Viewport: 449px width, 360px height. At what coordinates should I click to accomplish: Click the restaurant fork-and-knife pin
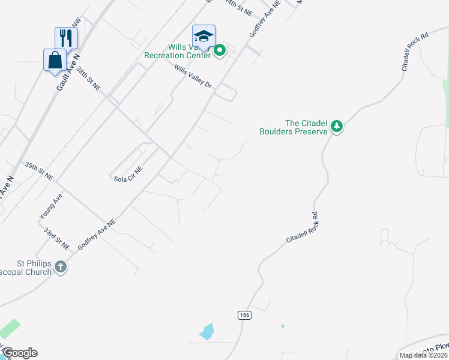pyautogui.click(x=66, y=37)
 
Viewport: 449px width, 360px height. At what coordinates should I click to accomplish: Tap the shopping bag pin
pyautogui.click(x=55, y=60)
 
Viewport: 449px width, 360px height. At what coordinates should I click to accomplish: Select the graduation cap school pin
pyautogui.click(x=203, y=36)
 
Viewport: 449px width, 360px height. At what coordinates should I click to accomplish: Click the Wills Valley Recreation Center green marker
pyautogui.click(x=219, y=51)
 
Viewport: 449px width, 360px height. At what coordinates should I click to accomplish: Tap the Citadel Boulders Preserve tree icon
pyautogui.click(x=337, y=126)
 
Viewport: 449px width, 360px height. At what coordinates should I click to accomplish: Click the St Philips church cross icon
pyautogui.click(x=61, y=266)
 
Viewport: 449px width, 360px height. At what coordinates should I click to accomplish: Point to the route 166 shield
pyautogui.click(x=244, y=315)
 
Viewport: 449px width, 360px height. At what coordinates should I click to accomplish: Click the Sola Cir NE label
pyautogui.click(x=128, y=175)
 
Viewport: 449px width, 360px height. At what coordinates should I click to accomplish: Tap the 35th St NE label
pyautogui.click(x=39, y=171)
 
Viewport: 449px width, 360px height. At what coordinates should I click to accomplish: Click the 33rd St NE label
pyautogui.click(x=56, y=239)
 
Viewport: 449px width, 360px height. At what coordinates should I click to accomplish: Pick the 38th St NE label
pyautogui.click(x=88, y=78)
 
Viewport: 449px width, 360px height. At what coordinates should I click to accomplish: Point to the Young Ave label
pyautogui.click(x=50, y=207)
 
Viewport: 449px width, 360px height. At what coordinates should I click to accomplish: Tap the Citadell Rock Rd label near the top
pyautogui.click(x=415, y=52)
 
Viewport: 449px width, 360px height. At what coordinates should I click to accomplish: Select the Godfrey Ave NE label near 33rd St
pyautogui.click(x=96, y=235)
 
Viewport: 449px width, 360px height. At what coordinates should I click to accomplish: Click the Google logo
pyautogui.click(x=19, y=353)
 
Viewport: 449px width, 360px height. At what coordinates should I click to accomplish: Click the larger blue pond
pyautogui.click(x=206, y=331)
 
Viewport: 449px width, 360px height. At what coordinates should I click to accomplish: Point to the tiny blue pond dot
pyautogui.click(x=282, y=326)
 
